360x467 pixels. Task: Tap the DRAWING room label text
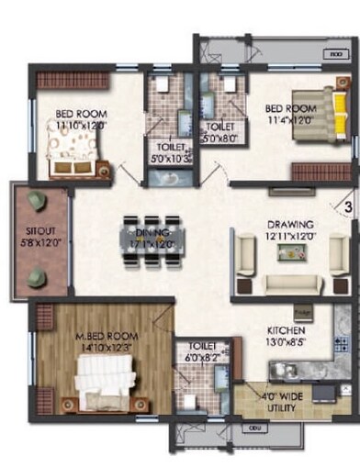290,224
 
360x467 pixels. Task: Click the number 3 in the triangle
348,208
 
